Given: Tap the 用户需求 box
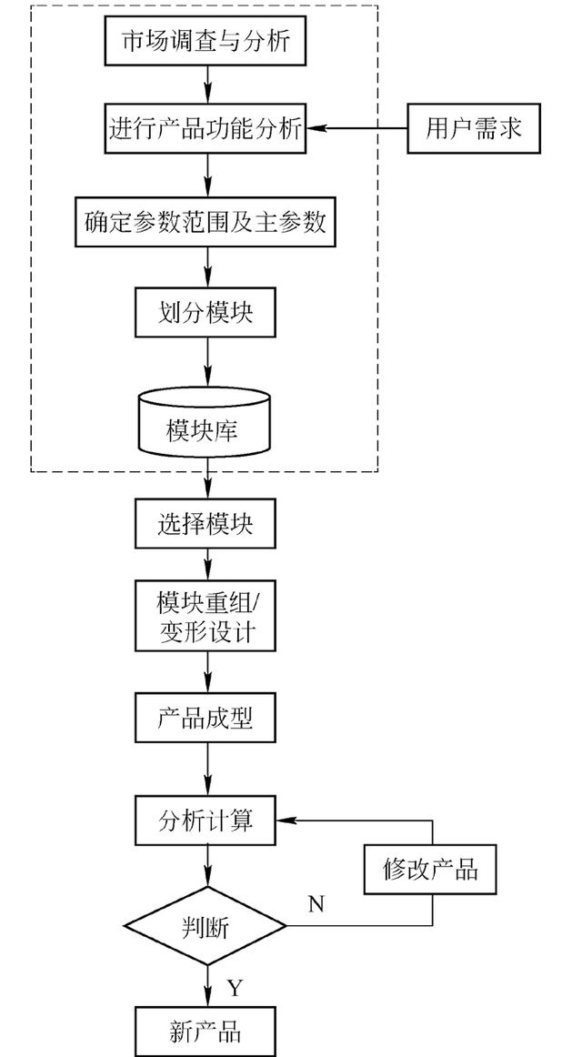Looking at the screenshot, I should pos(474,128).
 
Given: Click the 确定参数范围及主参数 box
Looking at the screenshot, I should pos(206,222).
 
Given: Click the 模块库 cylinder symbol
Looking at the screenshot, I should pos(205,422).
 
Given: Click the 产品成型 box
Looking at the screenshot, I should pos(206,718).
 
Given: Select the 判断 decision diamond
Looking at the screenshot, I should pos(206,927).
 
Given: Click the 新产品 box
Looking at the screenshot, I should pos(206,1031).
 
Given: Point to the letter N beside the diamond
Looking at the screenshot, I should pos(316,903).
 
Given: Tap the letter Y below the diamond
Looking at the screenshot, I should pos(233,986).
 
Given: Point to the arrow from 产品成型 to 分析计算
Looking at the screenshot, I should pos(207,769).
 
